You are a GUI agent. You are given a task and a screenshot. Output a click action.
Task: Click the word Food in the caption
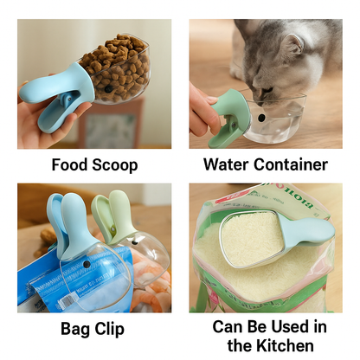pyautogui.click(x=69, y=165)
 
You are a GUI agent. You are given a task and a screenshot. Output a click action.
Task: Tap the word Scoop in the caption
pyautogui.click(x=115, y=165)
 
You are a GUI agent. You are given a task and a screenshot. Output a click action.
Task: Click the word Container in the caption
pyautogui.click(x=291, y=164)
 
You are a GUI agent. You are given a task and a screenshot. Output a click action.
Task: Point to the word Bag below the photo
pyautogui.click(x=75, y=329)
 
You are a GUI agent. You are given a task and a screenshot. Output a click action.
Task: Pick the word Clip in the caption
pyautogui.click(x=110, y=329)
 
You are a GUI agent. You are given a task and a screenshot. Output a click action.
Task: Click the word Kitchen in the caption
pyautogui.click(x=285, y=345)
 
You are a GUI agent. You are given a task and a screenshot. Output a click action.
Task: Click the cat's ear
pyautogui.click(x=292, y=45)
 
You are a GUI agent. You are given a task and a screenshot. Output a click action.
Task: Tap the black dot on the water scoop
pyautogui.click(x=261, y=118)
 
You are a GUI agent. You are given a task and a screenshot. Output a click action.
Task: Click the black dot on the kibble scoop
pyautogui.click(x=108, y=89)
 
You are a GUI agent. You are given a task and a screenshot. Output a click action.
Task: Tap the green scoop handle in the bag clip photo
pyautogui.click(x=115, y=215)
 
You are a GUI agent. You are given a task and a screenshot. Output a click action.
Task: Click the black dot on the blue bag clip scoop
pyautogui.click(x=87, y=264)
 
